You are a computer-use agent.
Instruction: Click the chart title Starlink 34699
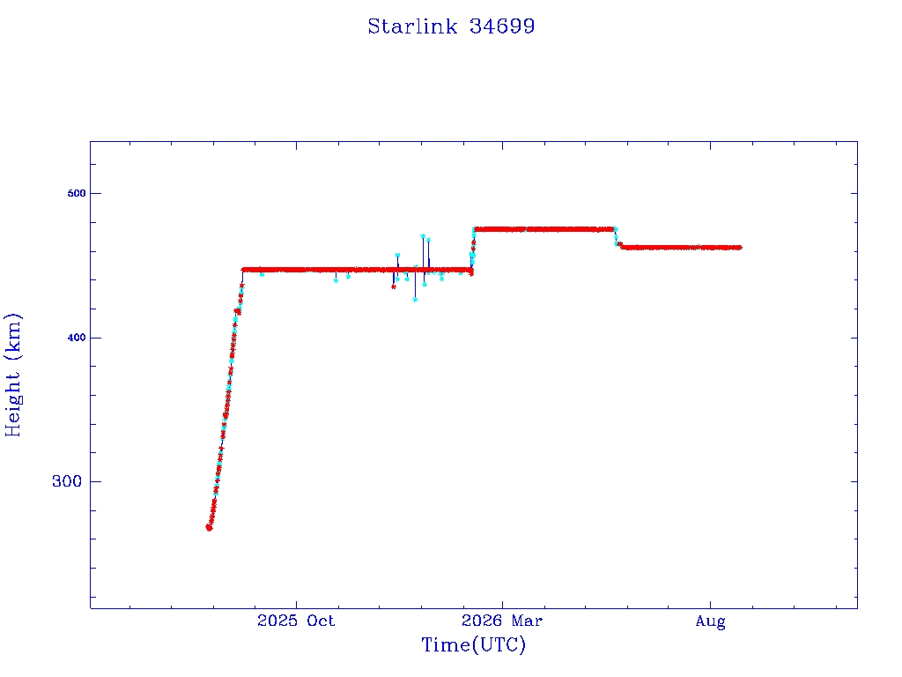(x=451, y=26)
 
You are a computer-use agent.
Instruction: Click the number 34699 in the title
(x=502, y=26)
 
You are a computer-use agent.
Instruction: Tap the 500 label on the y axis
(x=77, y=193)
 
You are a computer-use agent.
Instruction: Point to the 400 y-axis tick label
(x=77, y=338)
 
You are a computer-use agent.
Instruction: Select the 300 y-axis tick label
(x=67, y=481)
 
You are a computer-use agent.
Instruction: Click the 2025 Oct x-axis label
(x=296, y=621)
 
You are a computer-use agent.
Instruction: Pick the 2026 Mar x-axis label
(x=501, y=621)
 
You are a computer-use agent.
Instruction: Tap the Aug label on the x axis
(x=711, y=621)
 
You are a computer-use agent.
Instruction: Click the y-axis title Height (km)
(x=12, y=375)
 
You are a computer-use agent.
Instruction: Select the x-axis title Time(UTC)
(x=474, y=644)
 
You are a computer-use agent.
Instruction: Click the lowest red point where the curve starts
(x=209, y=528)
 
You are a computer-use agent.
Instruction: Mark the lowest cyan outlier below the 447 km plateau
(x=415, y=300)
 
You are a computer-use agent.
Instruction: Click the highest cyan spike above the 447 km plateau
(x=423, y=236)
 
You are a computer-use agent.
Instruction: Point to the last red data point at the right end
(x=739, y=248)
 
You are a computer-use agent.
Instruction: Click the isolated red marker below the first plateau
(x=394, y=286)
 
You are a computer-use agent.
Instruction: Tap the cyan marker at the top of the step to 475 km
(x=474, y=230)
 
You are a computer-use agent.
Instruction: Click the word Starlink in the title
(x=412, y=26)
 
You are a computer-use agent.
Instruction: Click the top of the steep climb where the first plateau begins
(x=243, y=270)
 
